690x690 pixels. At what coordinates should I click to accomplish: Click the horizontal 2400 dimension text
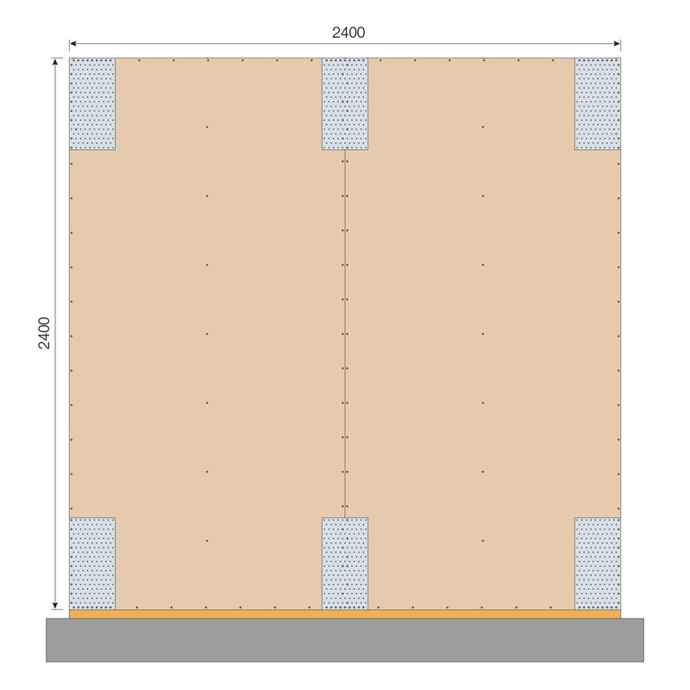348,33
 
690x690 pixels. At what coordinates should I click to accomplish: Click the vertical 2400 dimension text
45,333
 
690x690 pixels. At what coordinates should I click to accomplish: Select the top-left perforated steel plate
92,103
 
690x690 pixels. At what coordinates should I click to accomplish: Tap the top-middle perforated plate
345,103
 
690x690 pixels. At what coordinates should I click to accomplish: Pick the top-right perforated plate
598,103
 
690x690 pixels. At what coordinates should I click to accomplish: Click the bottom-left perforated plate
92,563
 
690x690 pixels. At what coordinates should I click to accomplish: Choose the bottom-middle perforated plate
345,563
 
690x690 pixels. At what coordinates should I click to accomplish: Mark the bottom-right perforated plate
598,563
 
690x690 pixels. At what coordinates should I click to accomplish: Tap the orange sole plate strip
216,614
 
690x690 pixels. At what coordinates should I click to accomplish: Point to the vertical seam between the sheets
345,345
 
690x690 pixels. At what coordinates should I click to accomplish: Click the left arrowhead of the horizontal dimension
72,44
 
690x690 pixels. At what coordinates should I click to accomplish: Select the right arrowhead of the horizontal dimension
618,44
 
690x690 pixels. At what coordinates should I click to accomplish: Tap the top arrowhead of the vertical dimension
56,61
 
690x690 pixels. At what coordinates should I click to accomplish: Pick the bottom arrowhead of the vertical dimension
56,606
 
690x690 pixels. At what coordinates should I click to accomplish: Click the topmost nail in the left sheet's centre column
207,127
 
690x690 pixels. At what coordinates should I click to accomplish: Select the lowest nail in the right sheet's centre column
483,541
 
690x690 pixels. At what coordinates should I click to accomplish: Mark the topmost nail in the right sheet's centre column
483,127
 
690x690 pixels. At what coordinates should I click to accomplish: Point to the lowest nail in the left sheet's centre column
207,541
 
